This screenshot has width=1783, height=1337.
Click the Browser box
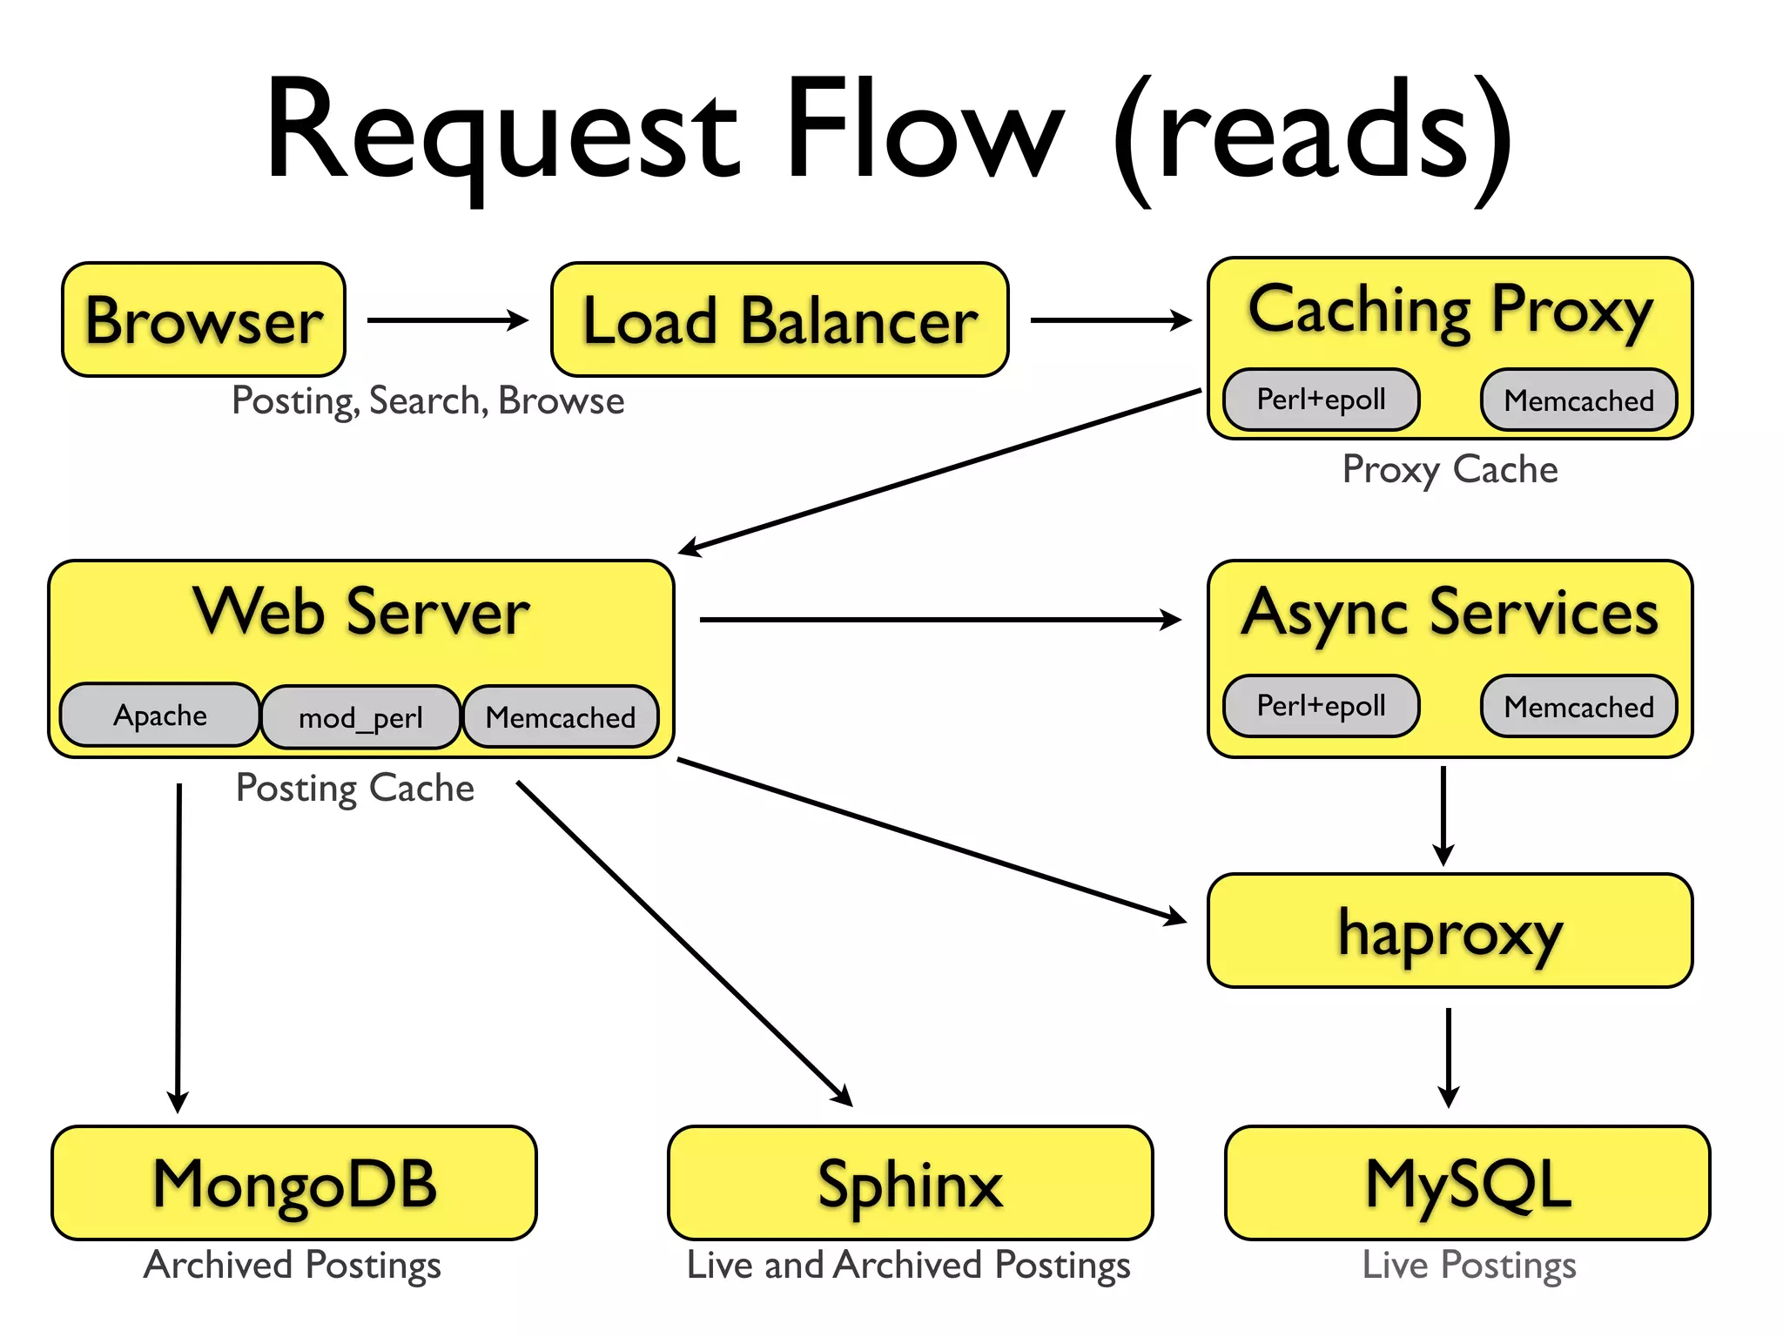(x=204, y=319)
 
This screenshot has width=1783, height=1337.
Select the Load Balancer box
(x=779, y=319)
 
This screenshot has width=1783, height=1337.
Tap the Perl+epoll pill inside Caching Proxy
(x=1321, y=400)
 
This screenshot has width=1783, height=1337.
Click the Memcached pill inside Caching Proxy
(x=1578, y=400)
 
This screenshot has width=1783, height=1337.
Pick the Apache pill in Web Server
(x=160, y=716)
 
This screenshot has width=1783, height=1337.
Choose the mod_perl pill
(x=360, y=718)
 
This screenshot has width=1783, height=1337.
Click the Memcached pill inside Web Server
(x=561, y=717)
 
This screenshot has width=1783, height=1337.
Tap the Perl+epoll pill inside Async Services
(x=1321, y=706)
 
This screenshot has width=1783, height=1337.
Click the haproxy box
(x=1450, y=931)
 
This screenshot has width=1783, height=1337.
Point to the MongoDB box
(x=294, y=1183)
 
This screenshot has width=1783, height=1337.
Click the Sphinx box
(x=910, y=1183)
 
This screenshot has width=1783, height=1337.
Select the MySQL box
(x=1468, y=1183)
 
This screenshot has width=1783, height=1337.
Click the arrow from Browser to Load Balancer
(x=447, y=320)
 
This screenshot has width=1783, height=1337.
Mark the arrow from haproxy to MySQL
(x=1449, y=1057)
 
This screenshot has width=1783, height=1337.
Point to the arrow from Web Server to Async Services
(x=940, y=620)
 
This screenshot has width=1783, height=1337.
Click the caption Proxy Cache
(x=1450, y=469)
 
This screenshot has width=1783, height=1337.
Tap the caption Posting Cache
(x=355, y=788)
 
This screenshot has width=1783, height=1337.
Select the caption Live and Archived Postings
(x=908, y=1265)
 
